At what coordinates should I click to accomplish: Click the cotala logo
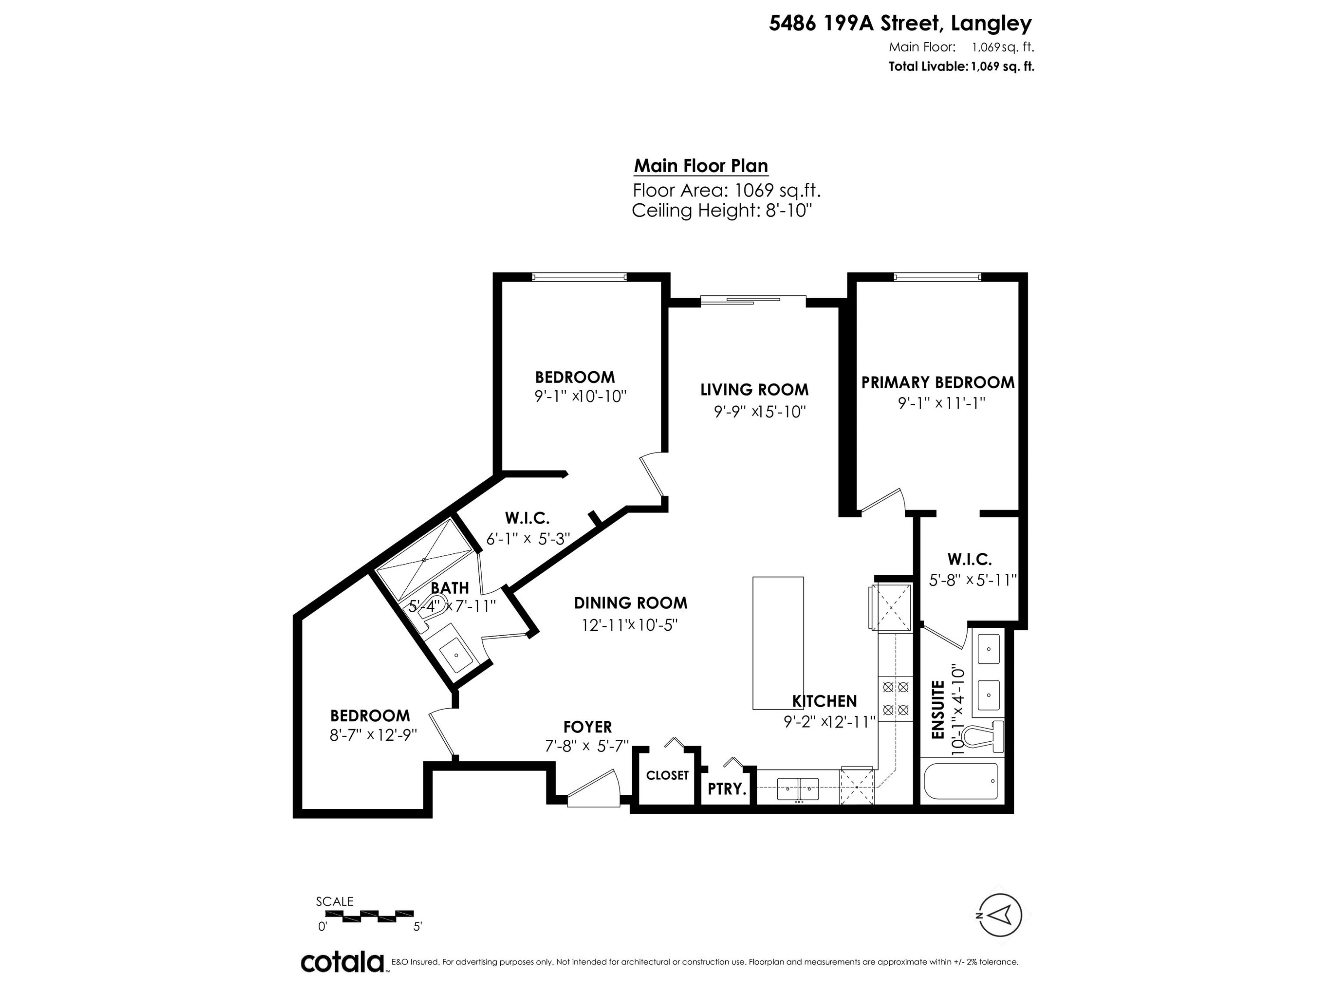342,962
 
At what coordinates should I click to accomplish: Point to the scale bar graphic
369,916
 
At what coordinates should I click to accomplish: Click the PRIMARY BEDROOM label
937,383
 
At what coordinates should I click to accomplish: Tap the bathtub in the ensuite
960,781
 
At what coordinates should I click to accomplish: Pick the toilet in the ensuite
982,737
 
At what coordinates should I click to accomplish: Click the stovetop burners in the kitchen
895,698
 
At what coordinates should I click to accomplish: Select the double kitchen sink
798,788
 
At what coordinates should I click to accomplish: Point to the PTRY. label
727,789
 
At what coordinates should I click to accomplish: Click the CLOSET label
667,775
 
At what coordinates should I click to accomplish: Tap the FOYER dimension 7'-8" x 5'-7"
587,747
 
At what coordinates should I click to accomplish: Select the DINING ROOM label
630,603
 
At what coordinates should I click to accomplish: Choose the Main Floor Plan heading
701,166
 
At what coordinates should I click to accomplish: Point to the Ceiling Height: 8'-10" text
722,210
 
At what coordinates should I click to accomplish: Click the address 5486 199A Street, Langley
900,24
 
